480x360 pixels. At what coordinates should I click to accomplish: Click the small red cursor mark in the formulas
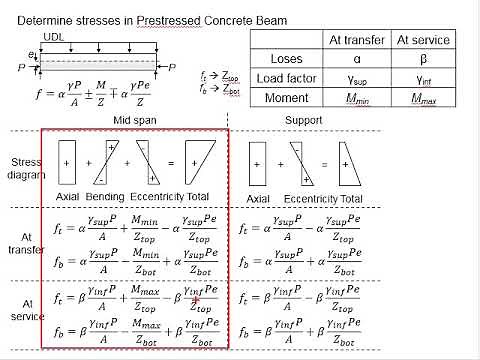click(197, 297)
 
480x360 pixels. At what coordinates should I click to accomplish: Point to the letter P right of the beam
click(172, 67)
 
